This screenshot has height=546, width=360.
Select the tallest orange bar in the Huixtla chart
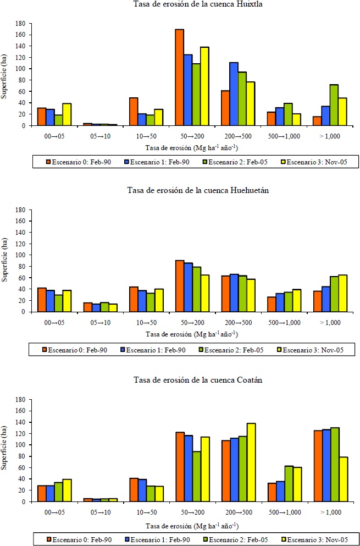tap(179, 77)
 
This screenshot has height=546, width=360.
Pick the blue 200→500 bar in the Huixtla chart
tap(233, 94)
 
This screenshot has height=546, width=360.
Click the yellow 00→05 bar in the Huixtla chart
tap(67, 114)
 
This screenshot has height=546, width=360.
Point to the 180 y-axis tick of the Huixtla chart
tap(20, 24)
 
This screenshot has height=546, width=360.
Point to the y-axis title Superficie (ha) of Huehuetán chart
tap(5, 261)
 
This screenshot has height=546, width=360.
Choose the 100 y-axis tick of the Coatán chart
tap(20, 445)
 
